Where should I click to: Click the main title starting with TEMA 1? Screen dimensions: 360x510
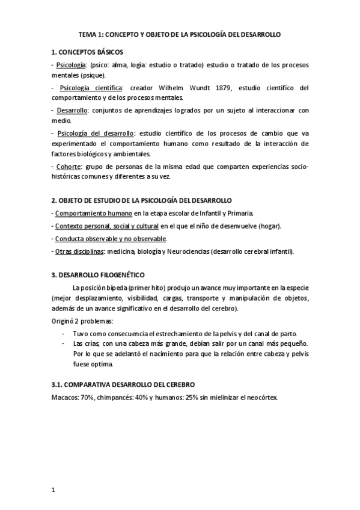(180, 35)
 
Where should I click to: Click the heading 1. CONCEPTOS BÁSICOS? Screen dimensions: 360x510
(87, 52)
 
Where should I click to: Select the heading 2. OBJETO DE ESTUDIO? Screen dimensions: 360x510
(141, 200)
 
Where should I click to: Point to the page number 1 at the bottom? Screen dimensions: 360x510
(53, 490)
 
